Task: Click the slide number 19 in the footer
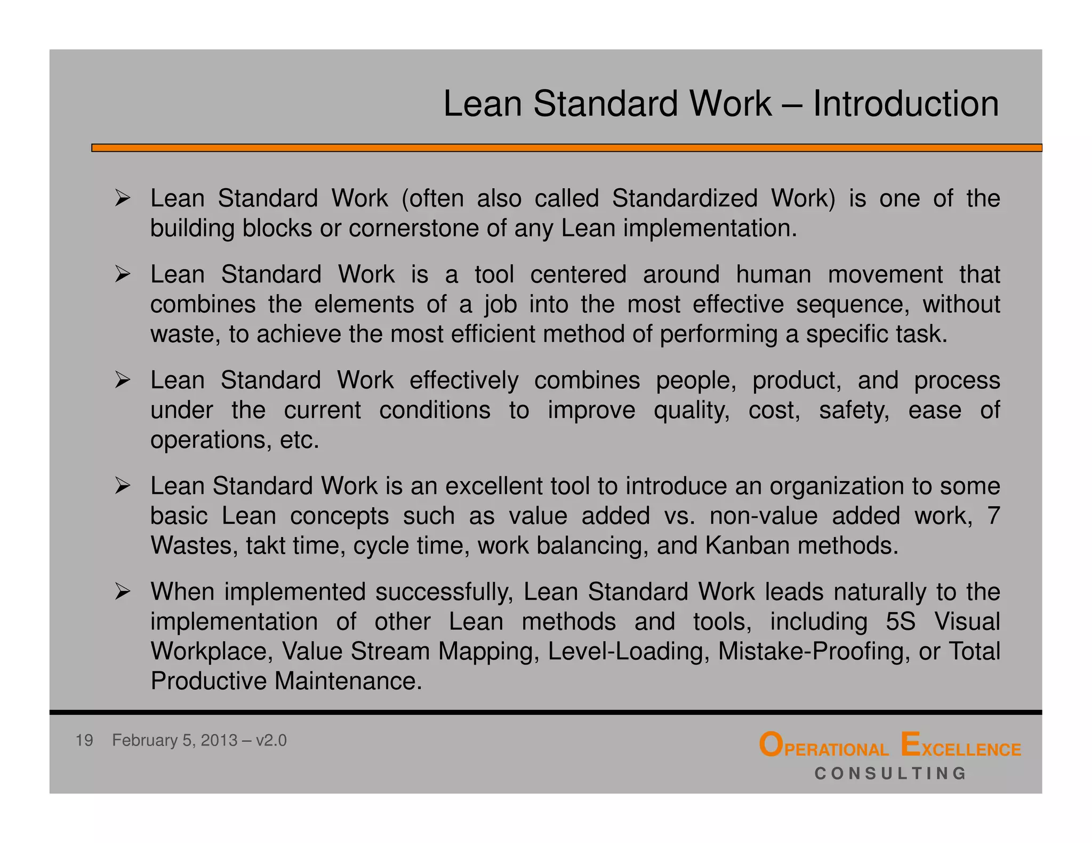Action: tap(84, 740)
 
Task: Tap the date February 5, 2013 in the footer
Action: tap(174, 740)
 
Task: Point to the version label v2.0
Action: tap(271, 740)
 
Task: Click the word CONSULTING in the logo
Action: tap(890, 773)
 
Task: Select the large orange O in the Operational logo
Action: tap(770, 745)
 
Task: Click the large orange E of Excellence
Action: tap(910, 744)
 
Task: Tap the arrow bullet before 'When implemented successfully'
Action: tap(123, 591)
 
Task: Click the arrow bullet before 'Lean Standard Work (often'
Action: tap(123, 198)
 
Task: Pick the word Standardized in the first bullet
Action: tap(685, 198)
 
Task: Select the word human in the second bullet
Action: tap(773, 274)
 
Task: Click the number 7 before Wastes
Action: tap(993, 516)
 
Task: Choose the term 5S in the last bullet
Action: tap(900, 621)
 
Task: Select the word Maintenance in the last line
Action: tap(348, 681)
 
